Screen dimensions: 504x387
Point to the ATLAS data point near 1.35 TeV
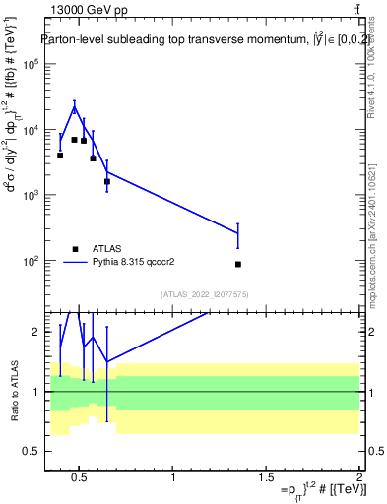(238, 264)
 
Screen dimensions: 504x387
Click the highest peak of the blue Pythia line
(74, 107)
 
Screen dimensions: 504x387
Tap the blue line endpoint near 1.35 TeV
(238, 233)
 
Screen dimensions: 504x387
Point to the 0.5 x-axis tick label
(80, 479)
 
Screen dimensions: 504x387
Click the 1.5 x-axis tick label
(266, 479)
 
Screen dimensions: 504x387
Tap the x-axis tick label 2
(359, 479)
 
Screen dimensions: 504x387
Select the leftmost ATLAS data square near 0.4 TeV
(60, 156)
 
